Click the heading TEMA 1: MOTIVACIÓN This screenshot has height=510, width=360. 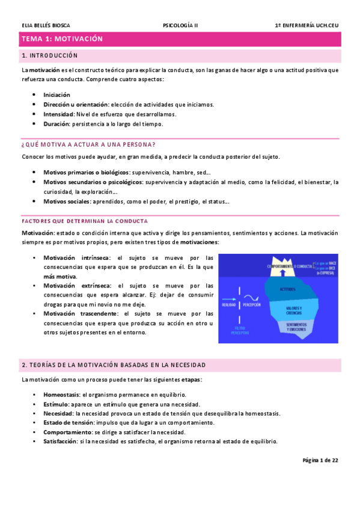click(63, 39)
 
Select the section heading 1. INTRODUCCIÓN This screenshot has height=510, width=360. click(49, 56)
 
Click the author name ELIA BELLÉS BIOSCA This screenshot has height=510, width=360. click(45, 25)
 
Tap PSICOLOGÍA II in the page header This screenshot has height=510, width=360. click(180, 25)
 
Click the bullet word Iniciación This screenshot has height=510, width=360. click(56, 94)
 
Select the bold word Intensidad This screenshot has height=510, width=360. click(59, 114)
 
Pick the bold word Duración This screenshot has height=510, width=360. click(56, 123)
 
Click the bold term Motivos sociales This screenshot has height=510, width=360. click(67, 201)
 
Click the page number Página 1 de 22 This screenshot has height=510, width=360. click(320, 461)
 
